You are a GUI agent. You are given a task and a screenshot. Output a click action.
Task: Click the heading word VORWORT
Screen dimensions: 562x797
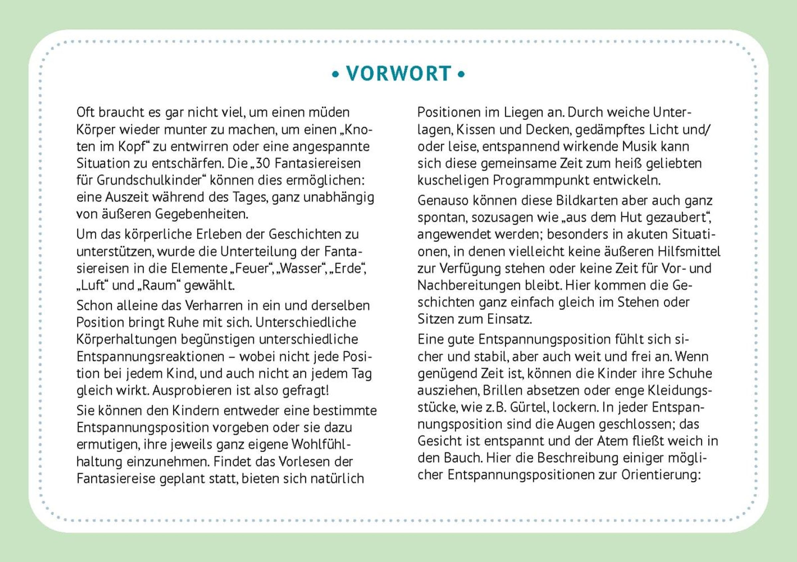click(x=398, y=74)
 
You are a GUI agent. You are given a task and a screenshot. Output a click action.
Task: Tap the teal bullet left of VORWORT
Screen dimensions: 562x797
click(x=335, y=74)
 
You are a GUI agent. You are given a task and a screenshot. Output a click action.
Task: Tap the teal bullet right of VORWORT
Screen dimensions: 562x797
click(x=461, y=74)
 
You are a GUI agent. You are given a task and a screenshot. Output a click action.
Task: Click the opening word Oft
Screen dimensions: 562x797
click(x=85, y=112)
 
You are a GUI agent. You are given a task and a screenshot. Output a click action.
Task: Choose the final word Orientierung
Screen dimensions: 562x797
click(x=661, y=475)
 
